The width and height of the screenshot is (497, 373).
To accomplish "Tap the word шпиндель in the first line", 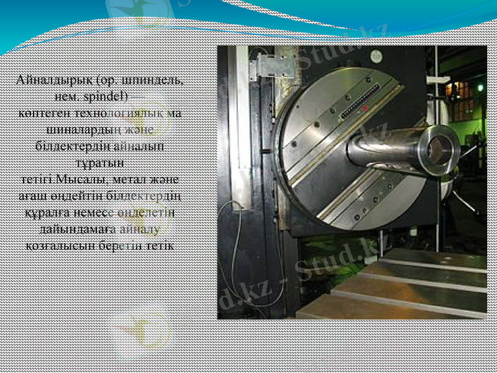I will tap(157, 80).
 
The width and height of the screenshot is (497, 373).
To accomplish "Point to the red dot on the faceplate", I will tap(365, 108).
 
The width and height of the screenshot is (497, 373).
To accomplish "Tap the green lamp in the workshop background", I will tap(480, 88).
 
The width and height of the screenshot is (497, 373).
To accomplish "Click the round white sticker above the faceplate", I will tap(376, 56).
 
